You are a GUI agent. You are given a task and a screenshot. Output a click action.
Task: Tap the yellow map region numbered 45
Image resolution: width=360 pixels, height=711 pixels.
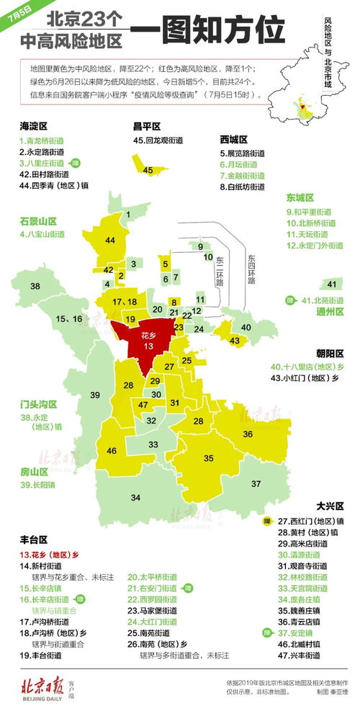(148, 169)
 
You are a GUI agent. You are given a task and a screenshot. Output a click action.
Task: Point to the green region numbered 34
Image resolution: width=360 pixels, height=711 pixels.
(135, 497)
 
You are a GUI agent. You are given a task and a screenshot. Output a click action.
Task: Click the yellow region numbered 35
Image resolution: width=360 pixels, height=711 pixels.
(209, 457)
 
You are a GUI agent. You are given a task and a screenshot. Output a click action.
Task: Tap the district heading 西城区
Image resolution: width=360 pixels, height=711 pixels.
(234, 138)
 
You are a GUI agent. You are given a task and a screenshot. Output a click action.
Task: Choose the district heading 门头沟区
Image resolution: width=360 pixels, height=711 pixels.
(39, 404)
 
